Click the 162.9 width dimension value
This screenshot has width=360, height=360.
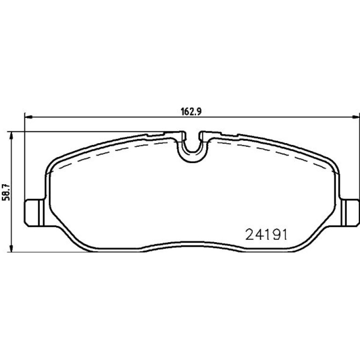tap(191, 112)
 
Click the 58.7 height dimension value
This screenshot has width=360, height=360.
tap(6, 192)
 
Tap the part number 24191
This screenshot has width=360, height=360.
tap(266, 235)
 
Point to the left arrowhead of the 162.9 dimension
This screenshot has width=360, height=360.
tap(29, 117)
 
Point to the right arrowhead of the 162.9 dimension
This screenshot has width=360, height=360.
tap(355, 117)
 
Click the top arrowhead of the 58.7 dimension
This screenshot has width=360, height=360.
tap(11, 136)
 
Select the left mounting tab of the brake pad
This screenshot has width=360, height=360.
tap(35, 213)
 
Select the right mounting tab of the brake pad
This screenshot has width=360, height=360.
tap(350, 213)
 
